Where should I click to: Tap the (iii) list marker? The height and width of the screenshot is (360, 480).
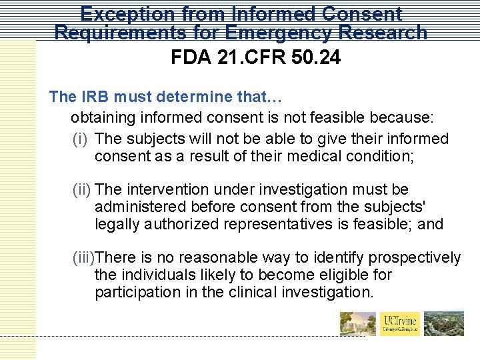[84, 258]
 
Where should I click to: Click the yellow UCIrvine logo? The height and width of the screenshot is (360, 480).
[400, 323]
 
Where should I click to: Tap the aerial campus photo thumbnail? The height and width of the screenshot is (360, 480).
[445, 323]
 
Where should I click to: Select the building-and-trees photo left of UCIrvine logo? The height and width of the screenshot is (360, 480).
[358, 323]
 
